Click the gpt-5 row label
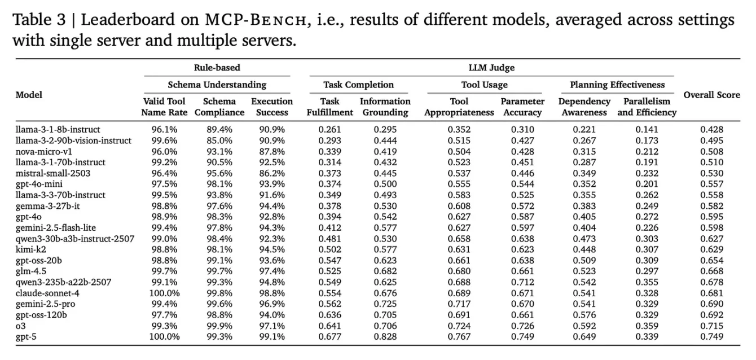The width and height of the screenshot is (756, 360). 25,337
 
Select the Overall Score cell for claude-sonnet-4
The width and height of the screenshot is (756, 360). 711,293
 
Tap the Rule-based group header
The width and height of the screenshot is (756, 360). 217,68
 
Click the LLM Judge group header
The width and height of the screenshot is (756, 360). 491,68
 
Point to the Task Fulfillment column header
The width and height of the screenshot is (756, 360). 329,107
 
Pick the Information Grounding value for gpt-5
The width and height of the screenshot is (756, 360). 385,337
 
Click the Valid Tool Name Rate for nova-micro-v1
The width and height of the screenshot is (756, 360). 164,151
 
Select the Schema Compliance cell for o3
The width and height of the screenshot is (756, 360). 219,326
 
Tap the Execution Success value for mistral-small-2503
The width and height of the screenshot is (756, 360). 272,173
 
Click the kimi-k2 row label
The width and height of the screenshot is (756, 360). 30,249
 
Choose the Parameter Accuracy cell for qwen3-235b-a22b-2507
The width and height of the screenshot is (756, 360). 522,282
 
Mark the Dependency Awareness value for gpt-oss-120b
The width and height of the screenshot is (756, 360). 584,315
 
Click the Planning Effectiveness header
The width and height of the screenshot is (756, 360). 617,85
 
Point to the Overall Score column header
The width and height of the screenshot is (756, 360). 712,95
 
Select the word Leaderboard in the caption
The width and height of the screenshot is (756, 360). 128,20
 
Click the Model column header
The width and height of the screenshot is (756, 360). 29,95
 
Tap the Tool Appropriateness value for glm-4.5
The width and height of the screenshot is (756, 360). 459,271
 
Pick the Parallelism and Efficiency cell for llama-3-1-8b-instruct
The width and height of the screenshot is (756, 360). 647,130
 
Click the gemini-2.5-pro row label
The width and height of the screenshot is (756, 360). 45,304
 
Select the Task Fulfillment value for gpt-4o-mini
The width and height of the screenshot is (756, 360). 329,184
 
